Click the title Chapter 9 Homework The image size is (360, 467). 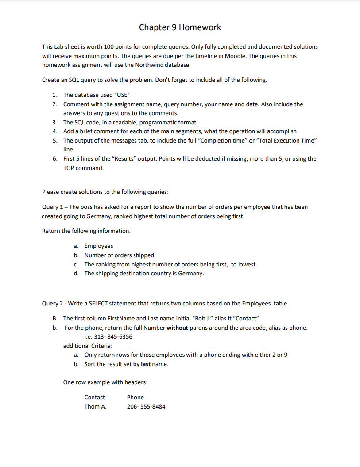[180, 27]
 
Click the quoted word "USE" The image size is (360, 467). [122, 95]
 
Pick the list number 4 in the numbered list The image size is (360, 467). [54, 131]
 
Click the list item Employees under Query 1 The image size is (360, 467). [99, 246]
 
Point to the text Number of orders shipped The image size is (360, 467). [119, 255]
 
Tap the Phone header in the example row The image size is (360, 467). [135, 398]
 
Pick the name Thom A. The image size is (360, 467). [95, 407]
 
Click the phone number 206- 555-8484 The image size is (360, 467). [146, 407]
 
